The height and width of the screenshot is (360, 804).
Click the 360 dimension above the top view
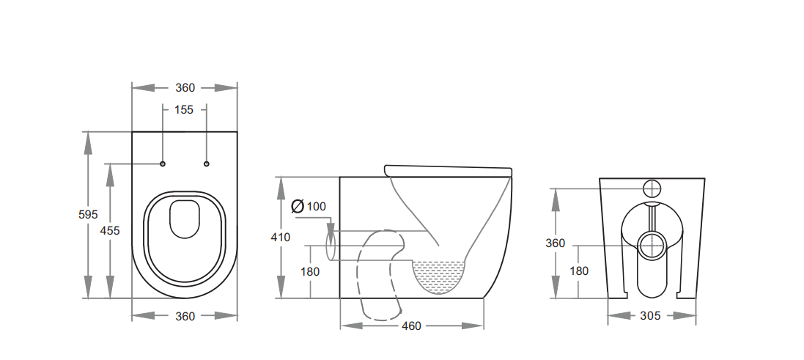tap(185, 87)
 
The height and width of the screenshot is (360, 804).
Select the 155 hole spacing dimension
tap(184, 110)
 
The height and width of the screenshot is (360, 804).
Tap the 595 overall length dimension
tap(88, 215)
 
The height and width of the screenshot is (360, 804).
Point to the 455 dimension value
tap(110, 230)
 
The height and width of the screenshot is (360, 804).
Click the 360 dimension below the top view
tap(185, 317)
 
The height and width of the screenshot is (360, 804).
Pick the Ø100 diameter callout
tap(309, 206)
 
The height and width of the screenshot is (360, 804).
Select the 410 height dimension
tap(281, 238)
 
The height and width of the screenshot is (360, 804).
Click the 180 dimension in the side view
tap(310, 271)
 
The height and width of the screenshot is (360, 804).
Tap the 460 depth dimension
tap(412, 326)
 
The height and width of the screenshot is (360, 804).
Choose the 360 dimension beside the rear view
tap(556, 243)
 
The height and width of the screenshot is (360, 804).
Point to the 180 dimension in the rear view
tap(579, 271)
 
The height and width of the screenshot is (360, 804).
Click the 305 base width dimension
tap(651, 316)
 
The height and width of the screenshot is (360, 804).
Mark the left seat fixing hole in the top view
tap(163, 163)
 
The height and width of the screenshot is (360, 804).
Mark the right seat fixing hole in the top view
tap(207, 163)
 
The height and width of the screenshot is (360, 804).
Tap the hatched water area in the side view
tap(440, 275)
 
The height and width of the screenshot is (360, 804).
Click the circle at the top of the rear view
tap(652, 187)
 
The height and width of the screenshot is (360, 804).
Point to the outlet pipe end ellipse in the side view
tap(331, 243)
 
